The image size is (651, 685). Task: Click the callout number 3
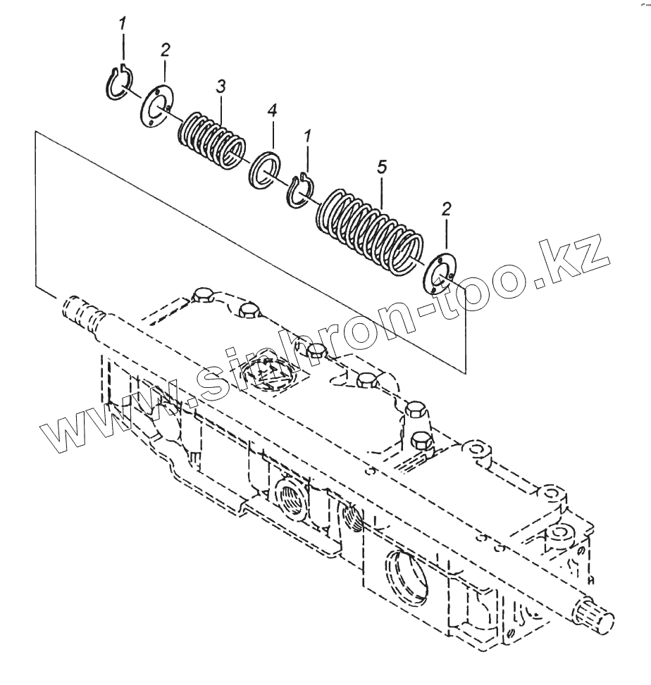pyautogui.click(x=221, y=87)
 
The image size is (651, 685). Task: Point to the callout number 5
pyautogui.click(x=381, y=168)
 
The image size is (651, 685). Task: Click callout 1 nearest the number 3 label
pyautogui.click(x=123, y=24)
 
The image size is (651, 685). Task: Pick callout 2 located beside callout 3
pyautogui.click(x=165, y=51)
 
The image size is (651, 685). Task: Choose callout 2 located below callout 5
pyautogui.click(x=446, y=208)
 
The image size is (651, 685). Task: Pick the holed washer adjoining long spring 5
pyautogui.click(x=440, y=271)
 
